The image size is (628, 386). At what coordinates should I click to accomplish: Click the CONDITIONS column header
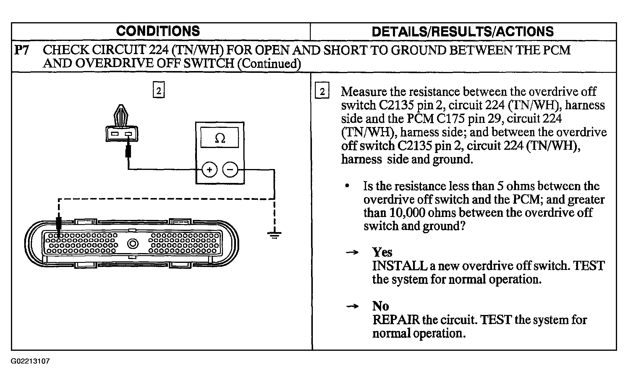158,31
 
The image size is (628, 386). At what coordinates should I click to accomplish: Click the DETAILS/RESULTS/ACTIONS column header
463,31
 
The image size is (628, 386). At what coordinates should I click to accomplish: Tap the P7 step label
22,50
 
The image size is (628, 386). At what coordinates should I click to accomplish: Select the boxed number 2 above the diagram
158,90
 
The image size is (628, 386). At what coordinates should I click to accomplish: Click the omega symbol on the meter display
220,138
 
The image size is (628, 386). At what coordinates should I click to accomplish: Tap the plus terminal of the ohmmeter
210,170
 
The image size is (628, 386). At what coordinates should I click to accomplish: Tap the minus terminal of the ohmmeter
230,170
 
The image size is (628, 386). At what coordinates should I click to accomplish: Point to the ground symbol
274,234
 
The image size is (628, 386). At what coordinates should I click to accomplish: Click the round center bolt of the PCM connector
133,244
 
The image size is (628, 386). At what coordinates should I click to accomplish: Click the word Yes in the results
382,252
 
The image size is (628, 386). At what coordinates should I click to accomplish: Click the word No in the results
381,306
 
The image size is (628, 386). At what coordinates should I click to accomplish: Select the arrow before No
352,306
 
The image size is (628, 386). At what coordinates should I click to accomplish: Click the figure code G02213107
30,361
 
